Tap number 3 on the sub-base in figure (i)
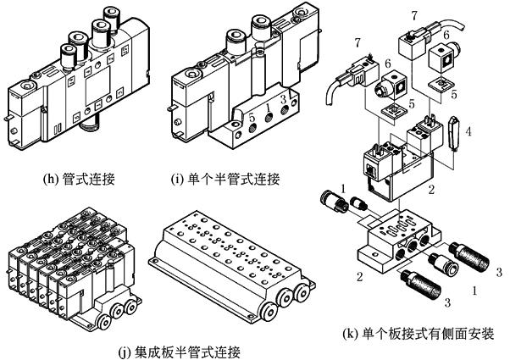coord(282,99)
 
